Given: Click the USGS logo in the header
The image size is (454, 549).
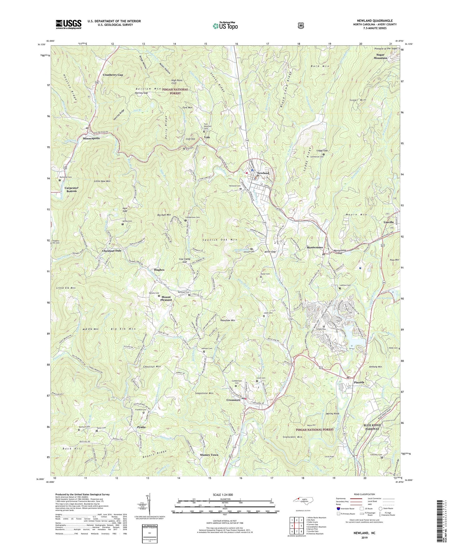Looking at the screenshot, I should (x=68, y=24).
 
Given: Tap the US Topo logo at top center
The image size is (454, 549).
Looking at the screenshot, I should (x=224, y=25).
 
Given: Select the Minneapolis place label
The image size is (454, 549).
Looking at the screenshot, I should (x=91, y=138).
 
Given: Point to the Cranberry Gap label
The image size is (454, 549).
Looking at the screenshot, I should (x=113, y=75).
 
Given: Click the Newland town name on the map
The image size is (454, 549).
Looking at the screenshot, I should (x=263, y=173).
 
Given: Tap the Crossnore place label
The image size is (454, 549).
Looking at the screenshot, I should (x=233, y=400).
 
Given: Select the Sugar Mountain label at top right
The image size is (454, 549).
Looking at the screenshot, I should (x=380, y=56).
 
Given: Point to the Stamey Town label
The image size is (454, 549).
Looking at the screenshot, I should (x=209, y=455).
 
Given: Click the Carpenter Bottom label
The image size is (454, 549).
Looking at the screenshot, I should (x=71, y=189).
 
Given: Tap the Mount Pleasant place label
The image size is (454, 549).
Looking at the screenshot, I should (x=166, y=298).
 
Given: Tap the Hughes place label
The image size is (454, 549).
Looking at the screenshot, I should (x=159, y=270).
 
